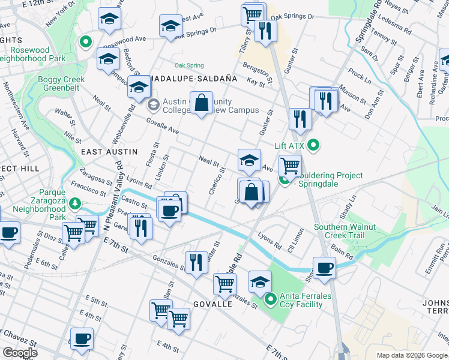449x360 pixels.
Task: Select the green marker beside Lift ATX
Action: pos(313,145)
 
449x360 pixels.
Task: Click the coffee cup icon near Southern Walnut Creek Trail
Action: pos(324,268)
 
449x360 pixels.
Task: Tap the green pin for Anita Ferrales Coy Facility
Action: pos(270,297)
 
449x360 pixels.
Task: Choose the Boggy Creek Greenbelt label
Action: pos(61,84)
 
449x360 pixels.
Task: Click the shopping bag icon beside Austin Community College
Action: pos(202,103)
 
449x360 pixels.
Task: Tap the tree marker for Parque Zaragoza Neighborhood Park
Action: pos(75,203)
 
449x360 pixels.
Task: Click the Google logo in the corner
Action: pos(19,353)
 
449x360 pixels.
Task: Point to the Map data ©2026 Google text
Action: pos(411,355)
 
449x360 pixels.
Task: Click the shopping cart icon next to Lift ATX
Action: pos(291,164)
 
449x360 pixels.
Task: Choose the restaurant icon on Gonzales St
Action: pos(196,263)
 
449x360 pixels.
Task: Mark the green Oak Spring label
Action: pos(189,65)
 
